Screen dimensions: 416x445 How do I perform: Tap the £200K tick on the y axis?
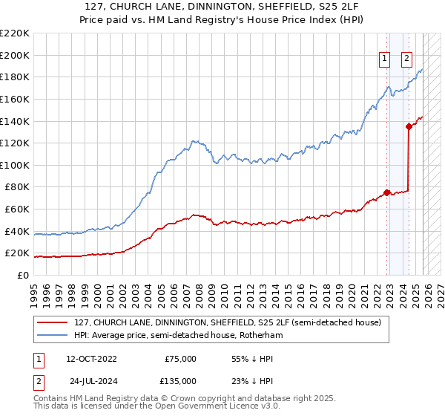16,55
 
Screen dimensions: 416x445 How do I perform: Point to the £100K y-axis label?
16,165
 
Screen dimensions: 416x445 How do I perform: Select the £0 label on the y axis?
23,275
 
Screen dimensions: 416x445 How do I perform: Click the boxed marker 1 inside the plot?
385,59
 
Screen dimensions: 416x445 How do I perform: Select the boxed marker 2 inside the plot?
407,59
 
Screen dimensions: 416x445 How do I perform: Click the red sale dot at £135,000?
409,126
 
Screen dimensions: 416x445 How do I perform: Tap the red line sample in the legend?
53,322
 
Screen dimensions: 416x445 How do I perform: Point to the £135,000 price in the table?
180,380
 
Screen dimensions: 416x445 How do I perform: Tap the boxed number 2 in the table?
37,380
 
